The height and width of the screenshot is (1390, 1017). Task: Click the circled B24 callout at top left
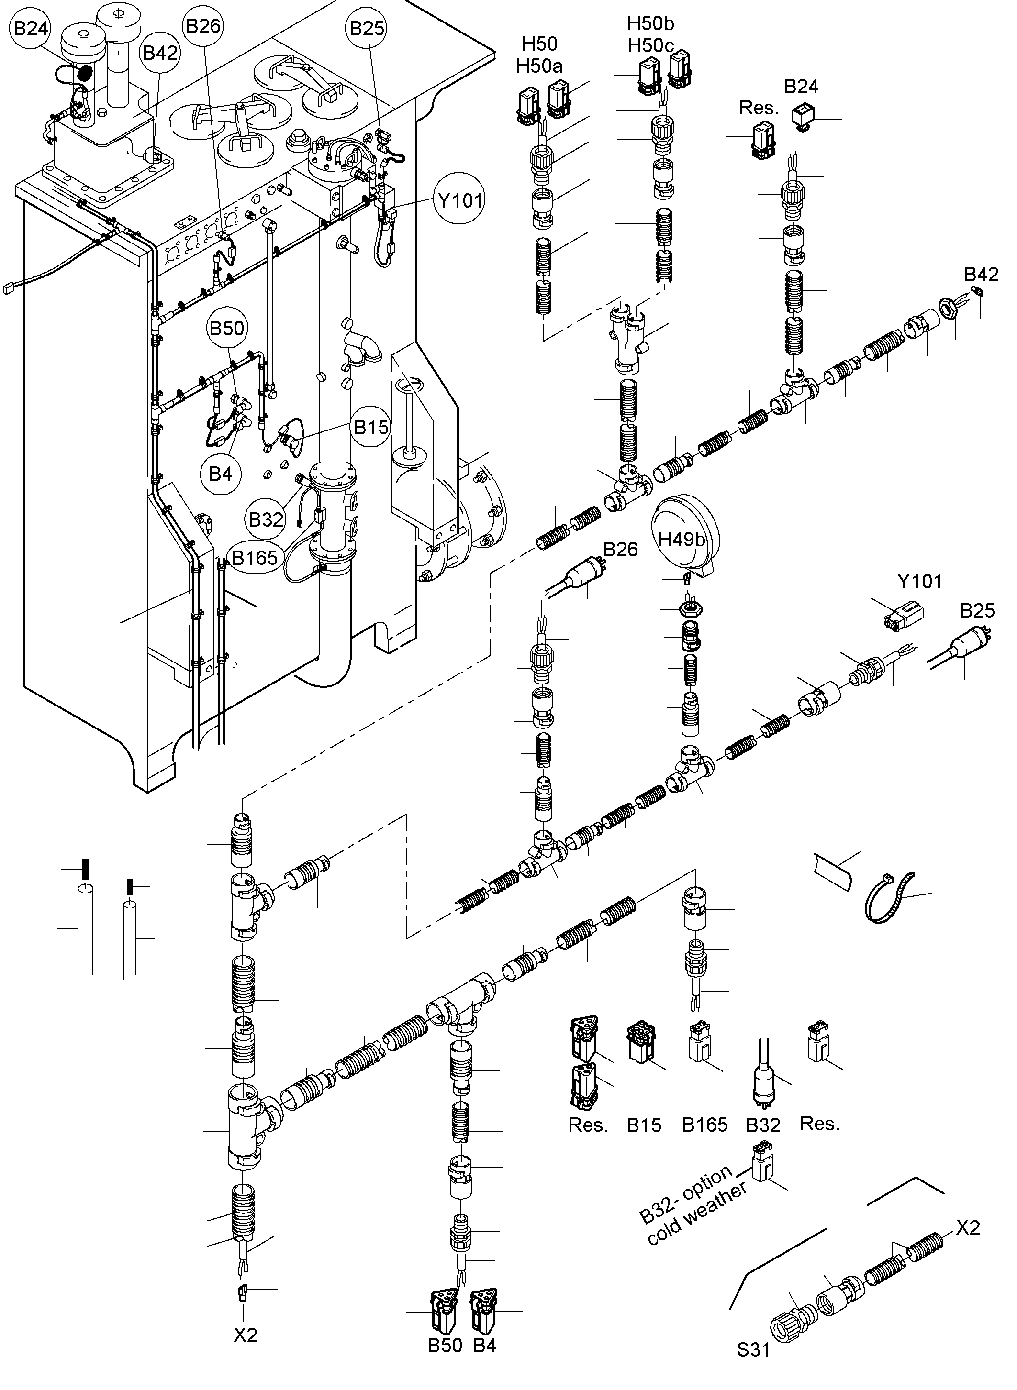[30, 28]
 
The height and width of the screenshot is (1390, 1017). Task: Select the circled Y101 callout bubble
[460, 199]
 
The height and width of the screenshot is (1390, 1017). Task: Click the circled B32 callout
[266, 519]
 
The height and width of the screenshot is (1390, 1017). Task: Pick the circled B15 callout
[371, 427]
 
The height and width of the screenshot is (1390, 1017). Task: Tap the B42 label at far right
[981, 275]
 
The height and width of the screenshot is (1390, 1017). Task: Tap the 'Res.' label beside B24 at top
[759, 108]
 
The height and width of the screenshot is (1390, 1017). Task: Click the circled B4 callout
[221, 474]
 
